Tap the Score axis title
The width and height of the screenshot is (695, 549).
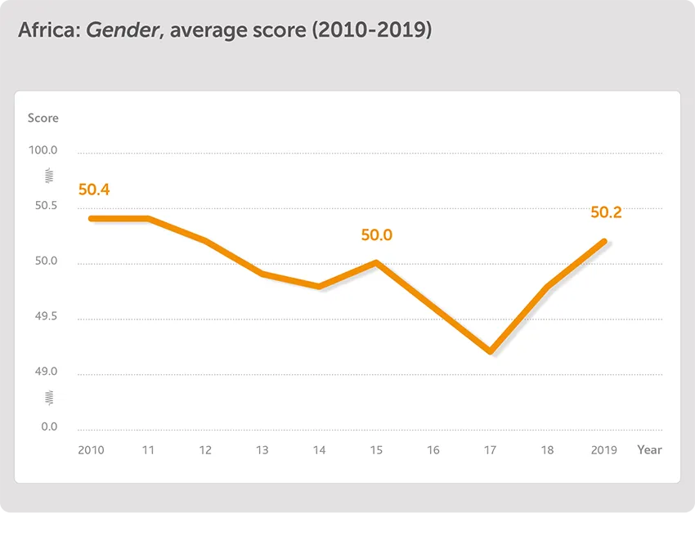coord(43,118)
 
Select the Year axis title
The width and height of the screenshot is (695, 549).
coord(649,450)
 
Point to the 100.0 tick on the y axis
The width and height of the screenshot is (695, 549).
coord(43,151)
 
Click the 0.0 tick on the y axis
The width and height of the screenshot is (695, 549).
coord(49,427)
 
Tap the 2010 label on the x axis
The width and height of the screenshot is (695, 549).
coord(91,450)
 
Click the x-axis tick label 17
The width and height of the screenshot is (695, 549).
coord(491,450)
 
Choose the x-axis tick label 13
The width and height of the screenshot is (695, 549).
coord(262,450)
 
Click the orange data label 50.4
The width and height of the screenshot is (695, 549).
coord(94,190)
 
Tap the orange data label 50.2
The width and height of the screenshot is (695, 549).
coord(606,212)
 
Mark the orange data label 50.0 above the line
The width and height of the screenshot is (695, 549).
coord(377,235)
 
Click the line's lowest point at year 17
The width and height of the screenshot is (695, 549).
coord(490,351)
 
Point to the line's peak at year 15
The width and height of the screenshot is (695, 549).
coord(376,262)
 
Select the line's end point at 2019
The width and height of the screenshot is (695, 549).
coord(604,241)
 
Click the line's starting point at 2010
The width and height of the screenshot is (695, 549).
coord(91,218)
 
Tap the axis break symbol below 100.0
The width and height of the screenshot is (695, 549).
coord(49,176)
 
